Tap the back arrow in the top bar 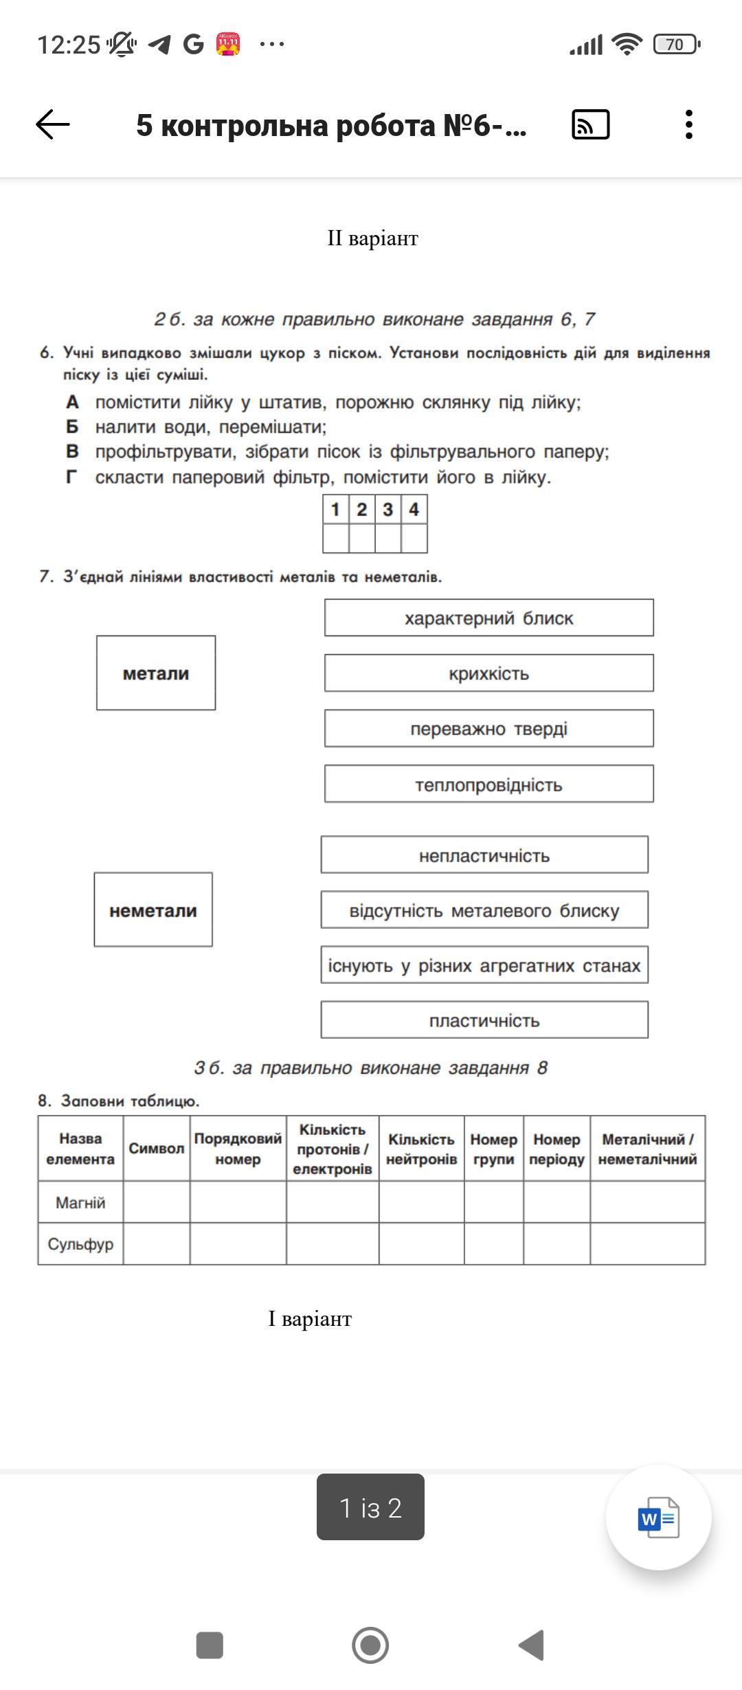pos(53,125)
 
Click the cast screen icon pos(590,125)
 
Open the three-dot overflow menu pos(688,125)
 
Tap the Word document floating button pos(658,1518)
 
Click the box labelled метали pos(156,673)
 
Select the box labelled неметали pos(153,910)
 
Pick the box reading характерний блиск pos(488,618)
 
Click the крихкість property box pos(488,673)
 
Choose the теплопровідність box pos(488,784)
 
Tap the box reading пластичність pos(484,1020)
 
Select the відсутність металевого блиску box pos(484,910)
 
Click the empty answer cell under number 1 pos(336,539)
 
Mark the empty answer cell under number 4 pos(414,539)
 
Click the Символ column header pos(157,1149)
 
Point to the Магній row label pos(80,1202)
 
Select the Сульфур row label pos(80,1243)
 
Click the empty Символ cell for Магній pos(157,1202)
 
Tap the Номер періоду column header pos(556,1149)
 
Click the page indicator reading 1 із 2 pos(370,1507)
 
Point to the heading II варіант pos(372,238)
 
